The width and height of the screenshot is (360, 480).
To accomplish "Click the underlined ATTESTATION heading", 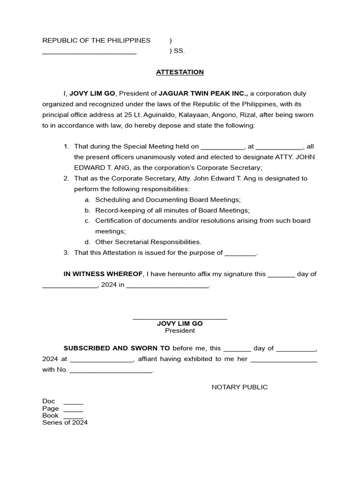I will pos(180,72).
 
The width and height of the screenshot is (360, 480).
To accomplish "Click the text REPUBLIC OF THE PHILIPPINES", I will pos(97,40).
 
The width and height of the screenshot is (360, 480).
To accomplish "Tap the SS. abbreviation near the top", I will pos(180,51).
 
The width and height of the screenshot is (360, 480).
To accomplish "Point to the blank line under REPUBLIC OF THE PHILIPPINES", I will pos(89,53).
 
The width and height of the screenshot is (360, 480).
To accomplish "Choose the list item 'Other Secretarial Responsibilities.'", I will pos(148,242).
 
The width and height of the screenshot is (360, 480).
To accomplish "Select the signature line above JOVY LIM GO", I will pos(180,319).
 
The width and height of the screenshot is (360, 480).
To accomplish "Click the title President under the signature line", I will pos(180,331).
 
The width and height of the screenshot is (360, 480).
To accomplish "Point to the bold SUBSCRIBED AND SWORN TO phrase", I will pos(117,348).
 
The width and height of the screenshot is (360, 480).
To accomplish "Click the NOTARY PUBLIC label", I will pos(240,387).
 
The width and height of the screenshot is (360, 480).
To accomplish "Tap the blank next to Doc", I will pos(73,403).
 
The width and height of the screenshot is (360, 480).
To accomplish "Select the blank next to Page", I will pos(73,410).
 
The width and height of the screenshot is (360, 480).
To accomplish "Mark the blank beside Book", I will pos(73,417).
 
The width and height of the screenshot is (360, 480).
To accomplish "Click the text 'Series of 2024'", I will pos(65,422).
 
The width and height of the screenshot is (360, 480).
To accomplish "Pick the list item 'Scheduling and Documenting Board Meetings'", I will pos(168,200).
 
